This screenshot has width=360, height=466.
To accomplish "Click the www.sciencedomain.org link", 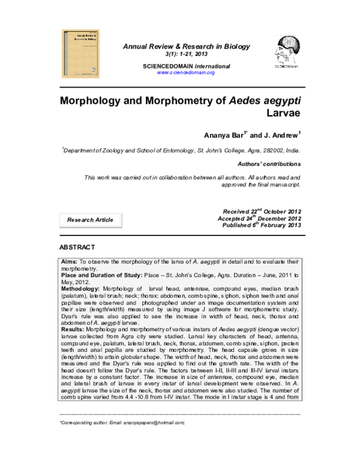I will (185, 73).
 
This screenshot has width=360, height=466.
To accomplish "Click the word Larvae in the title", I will (283, 113).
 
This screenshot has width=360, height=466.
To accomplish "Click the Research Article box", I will (90, 220).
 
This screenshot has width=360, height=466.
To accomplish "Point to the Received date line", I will (261, 212).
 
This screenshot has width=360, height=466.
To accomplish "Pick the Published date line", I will (261, 226).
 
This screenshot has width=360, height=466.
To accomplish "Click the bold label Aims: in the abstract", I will (70, 263).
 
